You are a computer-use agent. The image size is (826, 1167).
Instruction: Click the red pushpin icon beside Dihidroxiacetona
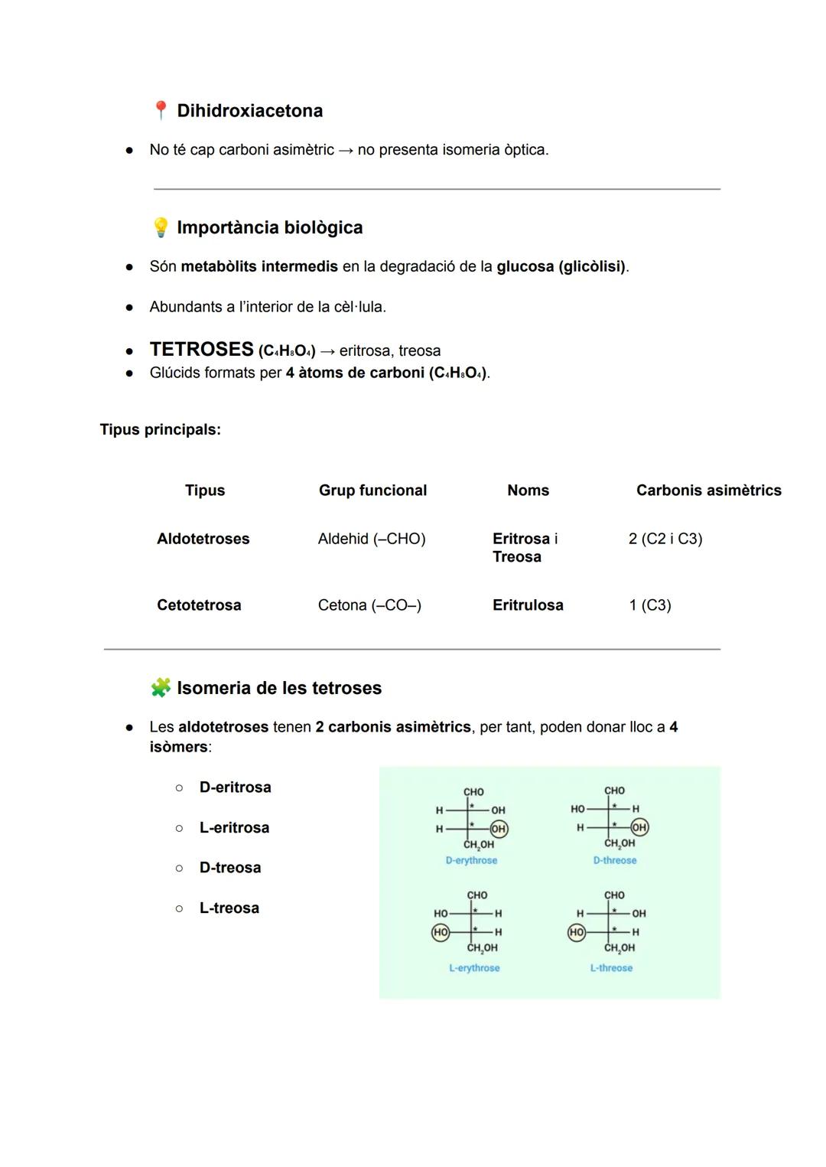[x=161, y=111]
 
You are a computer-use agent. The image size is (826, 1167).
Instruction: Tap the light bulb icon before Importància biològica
[x=161, y=227]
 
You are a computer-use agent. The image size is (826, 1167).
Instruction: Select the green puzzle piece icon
[x=161, y=687]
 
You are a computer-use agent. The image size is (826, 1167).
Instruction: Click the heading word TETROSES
[x=201, y=350]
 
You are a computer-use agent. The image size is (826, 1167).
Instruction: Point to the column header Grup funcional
[x=372, y=491]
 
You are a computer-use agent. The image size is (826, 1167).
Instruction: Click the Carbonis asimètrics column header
[x=708, y=491]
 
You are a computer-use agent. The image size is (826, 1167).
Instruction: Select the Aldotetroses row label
[x=203, y=539]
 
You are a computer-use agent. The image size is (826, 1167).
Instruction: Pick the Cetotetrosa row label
[x=199, y=605]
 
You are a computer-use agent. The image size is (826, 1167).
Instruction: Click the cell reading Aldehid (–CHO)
[x=372, y=539]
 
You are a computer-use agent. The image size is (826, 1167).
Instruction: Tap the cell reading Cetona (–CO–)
[x=369, y=605]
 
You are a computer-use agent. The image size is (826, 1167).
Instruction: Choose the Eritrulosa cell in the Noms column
[x=528, y=605]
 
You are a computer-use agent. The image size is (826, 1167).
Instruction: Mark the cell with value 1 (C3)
[x=650, y=605]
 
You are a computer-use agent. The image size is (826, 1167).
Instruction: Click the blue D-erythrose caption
[x=471, y=861]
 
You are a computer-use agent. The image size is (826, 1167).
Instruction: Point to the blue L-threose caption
[x=611, y=968]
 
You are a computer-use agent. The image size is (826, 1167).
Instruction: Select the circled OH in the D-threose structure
[x=639, y=827]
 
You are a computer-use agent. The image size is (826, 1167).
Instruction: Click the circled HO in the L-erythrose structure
[x=441, y=932]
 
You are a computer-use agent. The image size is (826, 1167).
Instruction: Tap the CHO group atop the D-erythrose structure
[x=473, y=792]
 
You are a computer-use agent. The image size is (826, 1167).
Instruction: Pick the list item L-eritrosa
[x=234, y=828]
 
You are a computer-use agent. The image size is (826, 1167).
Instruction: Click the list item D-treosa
[x=230, y=868]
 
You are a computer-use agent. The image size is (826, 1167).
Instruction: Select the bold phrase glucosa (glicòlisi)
[x=561, y=267]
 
